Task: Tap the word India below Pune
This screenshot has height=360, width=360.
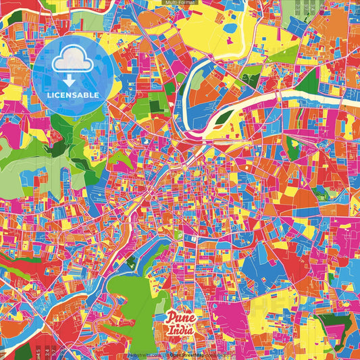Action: pos(181,330)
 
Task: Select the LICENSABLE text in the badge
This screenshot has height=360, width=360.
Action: pos(74,95)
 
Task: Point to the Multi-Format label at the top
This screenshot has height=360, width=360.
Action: pos(180,3)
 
